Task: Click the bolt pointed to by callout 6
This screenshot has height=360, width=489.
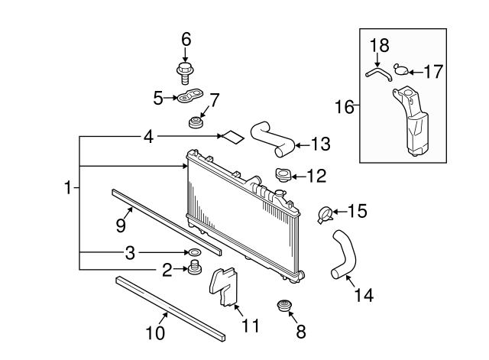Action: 184,73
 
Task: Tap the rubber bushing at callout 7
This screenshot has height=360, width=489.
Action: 196,122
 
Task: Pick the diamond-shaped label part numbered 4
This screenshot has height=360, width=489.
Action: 232,137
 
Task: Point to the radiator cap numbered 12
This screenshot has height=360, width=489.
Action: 283,174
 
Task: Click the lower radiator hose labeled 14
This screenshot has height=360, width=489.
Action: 344,255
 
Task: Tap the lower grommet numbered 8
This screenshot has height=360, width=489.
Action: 284,306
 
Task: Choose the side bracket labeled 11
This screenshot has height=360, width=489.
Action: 224,286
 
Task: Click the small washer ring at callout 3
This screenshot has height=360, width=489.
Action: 193,251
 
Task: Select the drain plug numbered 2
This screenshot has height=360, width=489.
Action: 195,268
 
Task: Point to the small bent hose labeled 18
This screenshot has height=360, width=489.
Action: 378,73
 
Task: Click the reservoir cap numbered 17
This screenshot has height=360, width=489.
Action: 401,70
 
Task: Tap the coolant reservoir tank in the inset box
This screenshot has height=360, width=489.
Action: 412,121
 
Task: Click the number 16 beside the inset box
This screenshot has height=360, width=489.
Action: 345,107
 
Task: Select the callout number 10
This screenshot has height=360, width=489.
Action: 155,332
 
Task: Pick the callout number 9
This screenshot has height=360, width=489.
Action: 121,225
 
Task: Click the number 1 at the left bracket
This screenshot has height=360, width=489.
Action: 68,187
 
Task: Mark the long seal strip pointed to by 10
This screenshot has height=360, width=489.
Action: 170,309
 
